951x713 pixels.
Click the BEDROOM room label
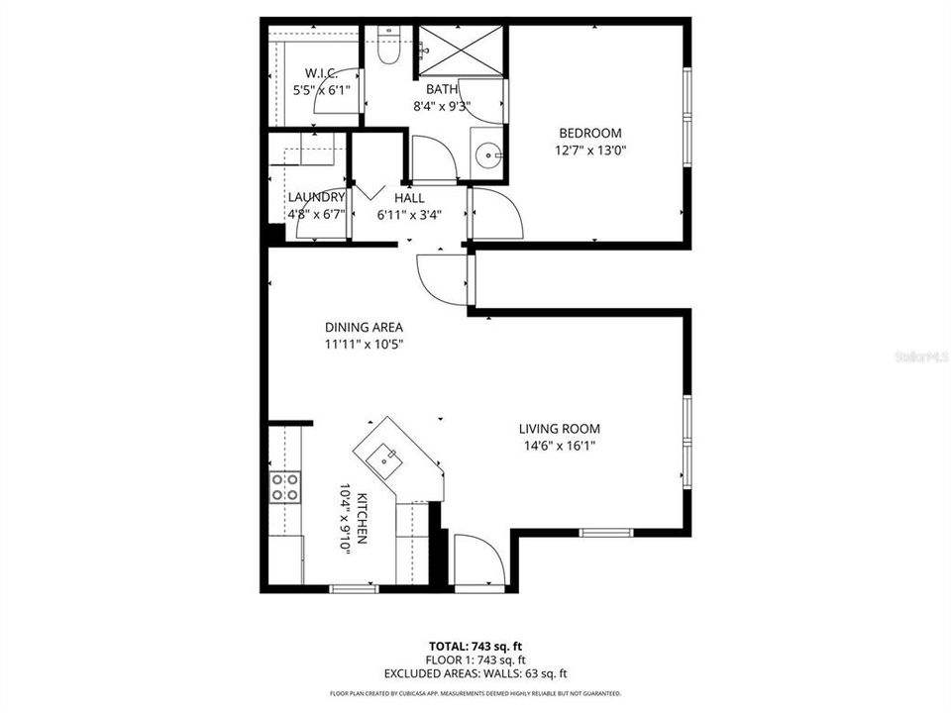[589, 134]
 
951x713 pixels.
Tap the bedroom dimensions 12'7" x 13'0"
[590, 151]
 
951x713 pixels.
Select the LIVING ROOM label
[560, 429]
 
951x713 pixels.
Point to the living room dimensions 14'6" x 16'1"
[560, 446]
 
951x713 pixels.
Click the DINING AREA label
[364, 327]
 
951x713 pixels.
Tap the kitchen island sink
[385, 458]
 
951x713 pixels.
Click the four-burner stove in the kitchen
[286, 486]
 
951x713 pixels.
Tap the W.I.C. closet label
[321, 73]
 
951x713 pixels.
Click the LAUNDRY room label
[316, 197]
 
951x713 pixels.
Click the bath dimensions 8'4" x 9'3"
[442, 107]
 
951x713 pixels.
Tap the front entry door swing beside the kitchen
[477, 560]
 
